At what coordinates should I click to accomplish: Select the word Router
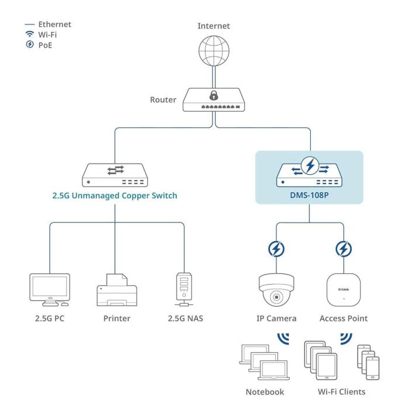click(163, 100)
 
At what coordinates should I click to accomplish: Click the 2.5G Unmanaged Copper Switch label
click(115, 195)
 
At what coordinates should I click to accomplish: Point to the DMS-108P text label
click(309, 196)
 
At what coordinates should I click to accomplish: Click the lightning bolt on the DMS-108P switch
click(310, 167)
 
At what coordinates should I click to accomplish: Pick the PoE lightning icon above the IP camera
click(276, 249)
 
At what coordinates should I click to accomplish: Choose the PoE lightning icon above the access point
click(344, 249)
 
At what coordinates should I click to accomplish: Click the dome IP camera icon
click(276, 290)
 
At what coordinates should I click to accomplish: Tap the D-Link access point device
click(344, 289)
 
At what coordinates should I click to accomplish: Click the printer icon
click(116, 290)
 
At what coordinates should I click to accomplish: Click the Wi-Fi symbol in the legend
click(30, 34)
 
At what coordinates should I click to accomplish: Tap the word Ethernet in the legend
click(54, 25)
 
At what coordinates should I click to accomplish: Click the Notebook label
click(265, 392)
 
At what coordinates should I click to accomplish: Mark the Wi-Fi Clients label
click(342, 392)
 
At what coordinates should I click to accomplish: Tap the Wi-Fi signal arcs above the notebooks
click(283, 339)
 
